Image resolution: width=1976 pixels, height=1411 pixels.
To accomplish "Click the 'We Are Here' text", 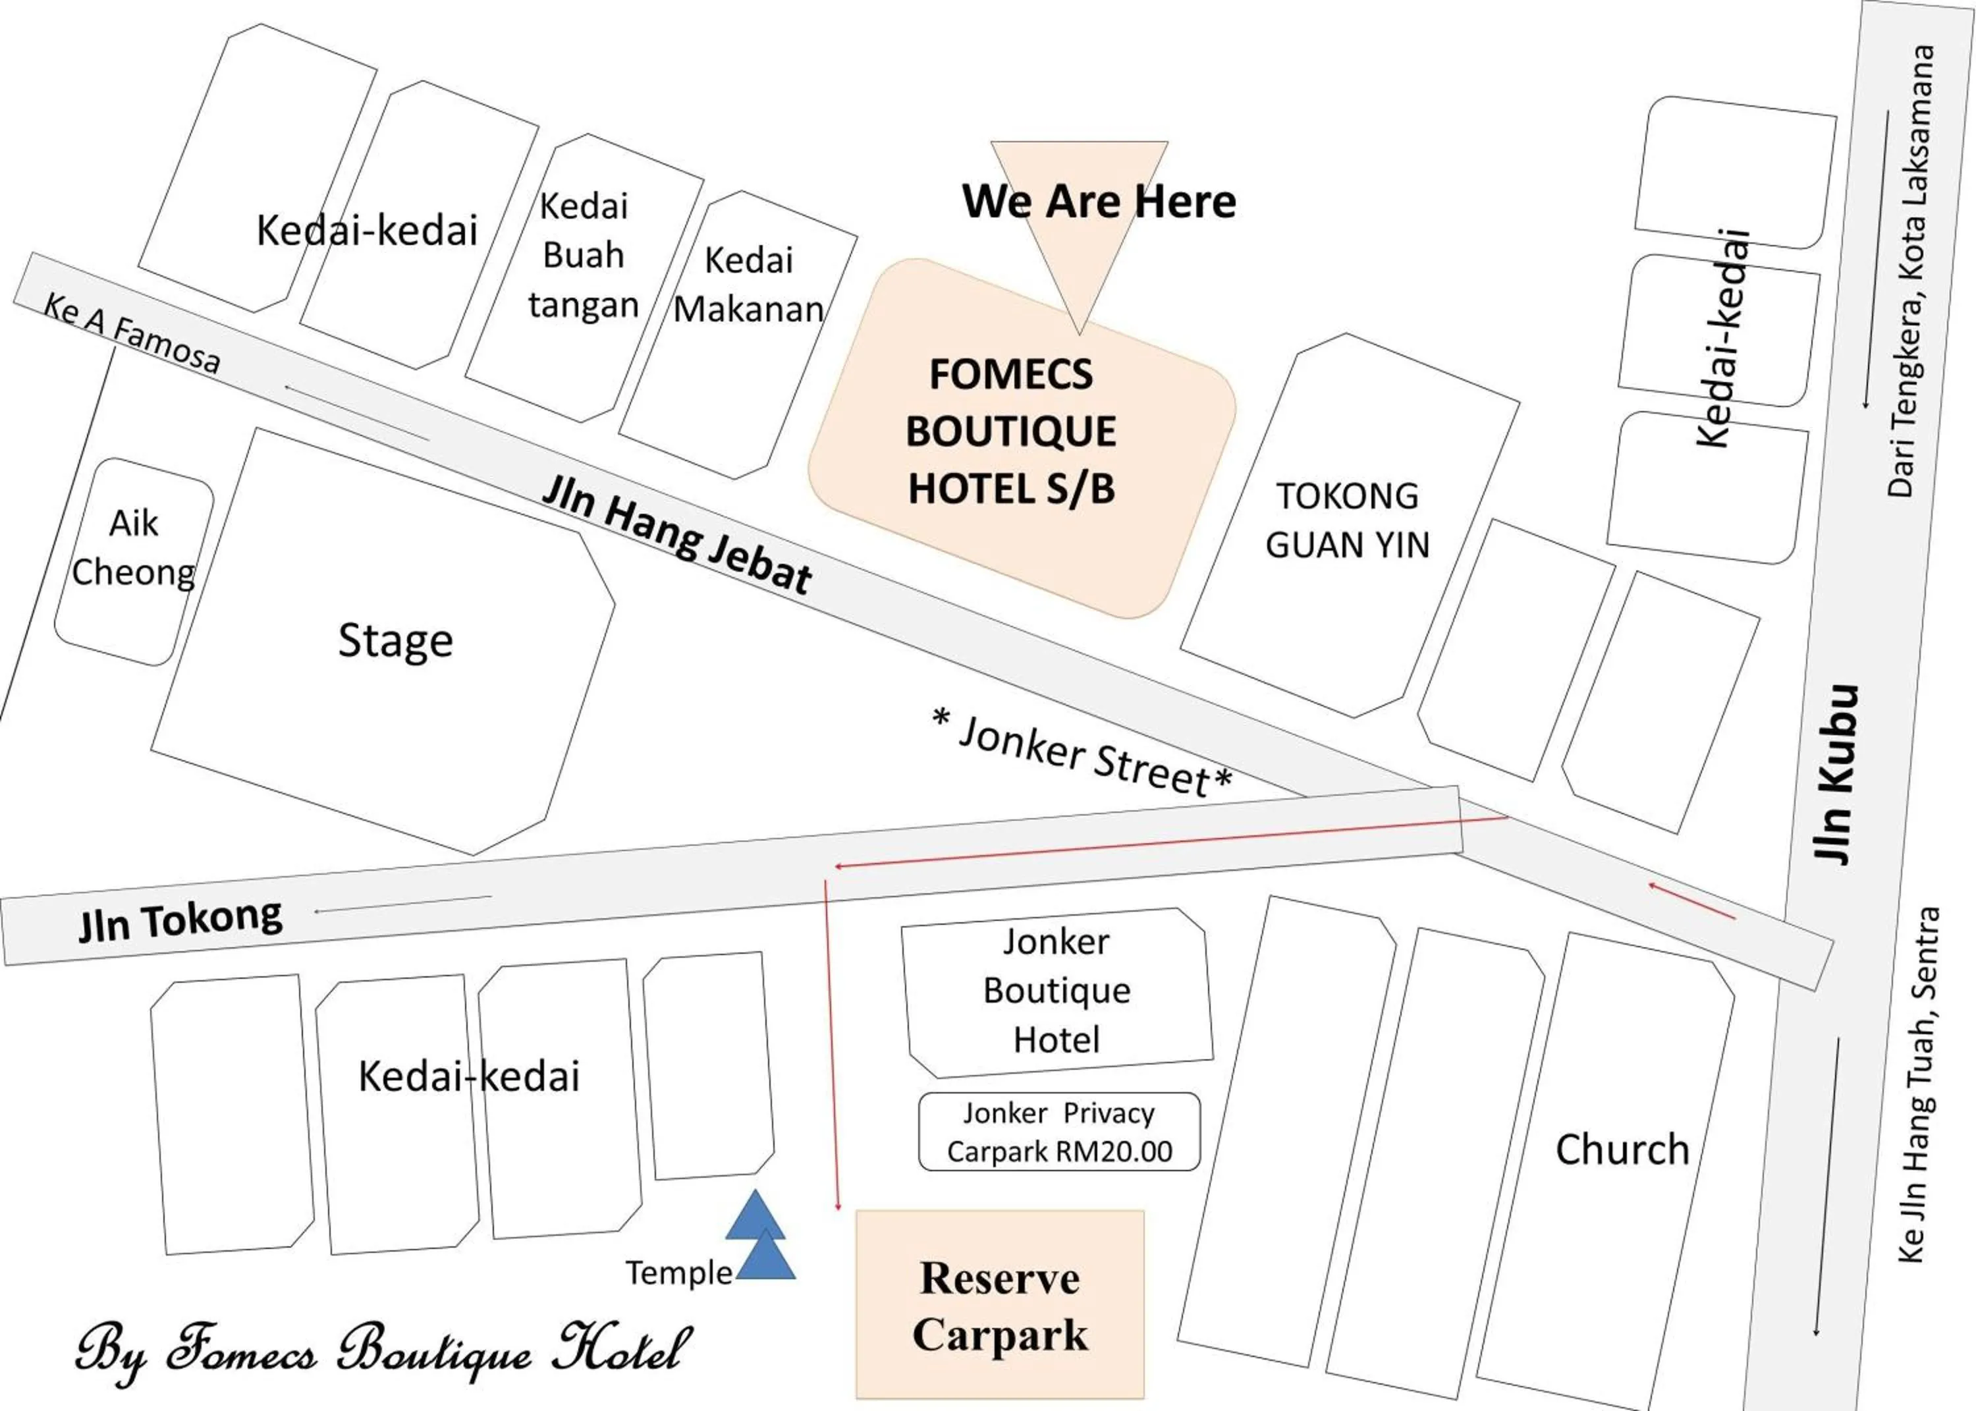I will coord(1098,202).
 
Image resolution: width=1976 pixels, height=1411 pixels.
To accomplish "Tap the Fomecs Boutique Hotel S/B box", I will coord(1012,432).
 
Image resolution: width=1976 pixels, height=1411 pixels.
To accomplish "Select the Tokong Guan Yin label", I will coord(1346,520).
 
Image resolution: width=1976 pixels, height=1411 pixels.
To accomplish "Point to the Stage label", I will coord(395,641).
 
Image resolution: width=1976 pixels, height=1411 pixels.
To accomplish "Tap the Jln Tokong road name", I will coord(180,919).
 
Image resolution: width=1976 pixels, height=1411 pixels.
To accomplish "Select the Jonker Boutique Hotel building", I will coord(1057,991).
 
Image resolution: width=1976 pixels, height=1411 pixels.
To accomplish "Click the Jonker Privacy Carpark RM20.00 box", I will coord(1058,1132).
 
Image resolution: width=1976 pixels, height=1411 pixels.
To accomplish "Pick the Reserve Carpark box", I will coord(1000,1306).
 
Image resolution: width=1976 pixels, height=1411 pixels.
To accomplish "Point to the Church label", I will coord(1622,1149).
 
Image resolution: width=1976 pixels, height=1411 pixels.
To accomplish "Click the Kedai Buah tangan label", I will coord(583,256).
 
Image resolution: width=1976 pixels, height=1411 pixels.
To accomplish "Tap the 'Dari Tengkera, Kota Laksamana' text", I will coord(1911,271).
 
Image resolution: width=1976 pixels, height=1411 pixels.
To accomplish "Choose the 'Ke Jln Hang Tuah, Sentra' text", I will coord(1918,1086).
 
